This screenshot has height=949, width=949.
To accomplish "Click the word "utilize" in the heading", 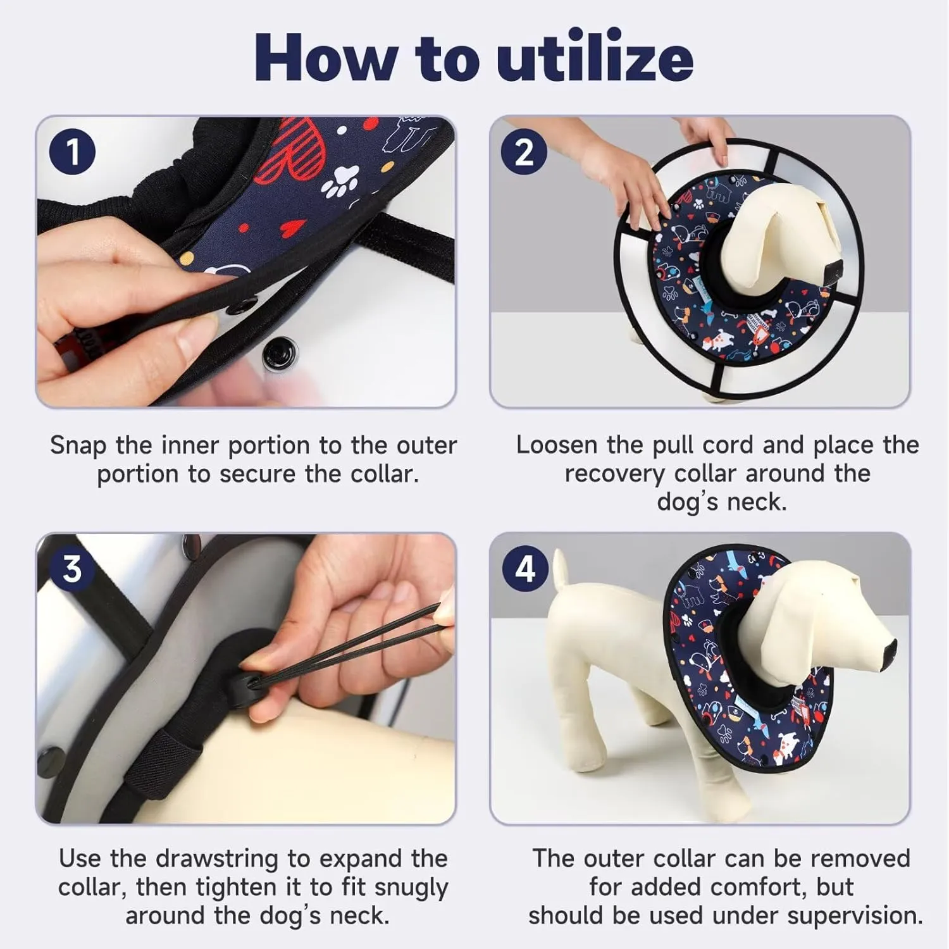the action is [x=595, y=58].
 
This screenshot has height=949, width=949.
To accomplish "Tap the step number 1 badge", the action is [x=73, y=152].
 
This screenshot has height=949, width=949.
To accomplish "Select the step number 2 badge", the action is [x=524, y=152].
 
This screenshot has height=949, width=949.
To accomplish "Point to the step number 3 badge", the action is [x=72, y=569].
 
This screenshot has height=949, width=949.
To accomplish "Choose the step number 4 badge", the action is [x=526, y=569].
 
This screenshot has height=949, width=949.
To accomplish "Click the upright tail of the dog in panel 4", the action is [x=559, y=573].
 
